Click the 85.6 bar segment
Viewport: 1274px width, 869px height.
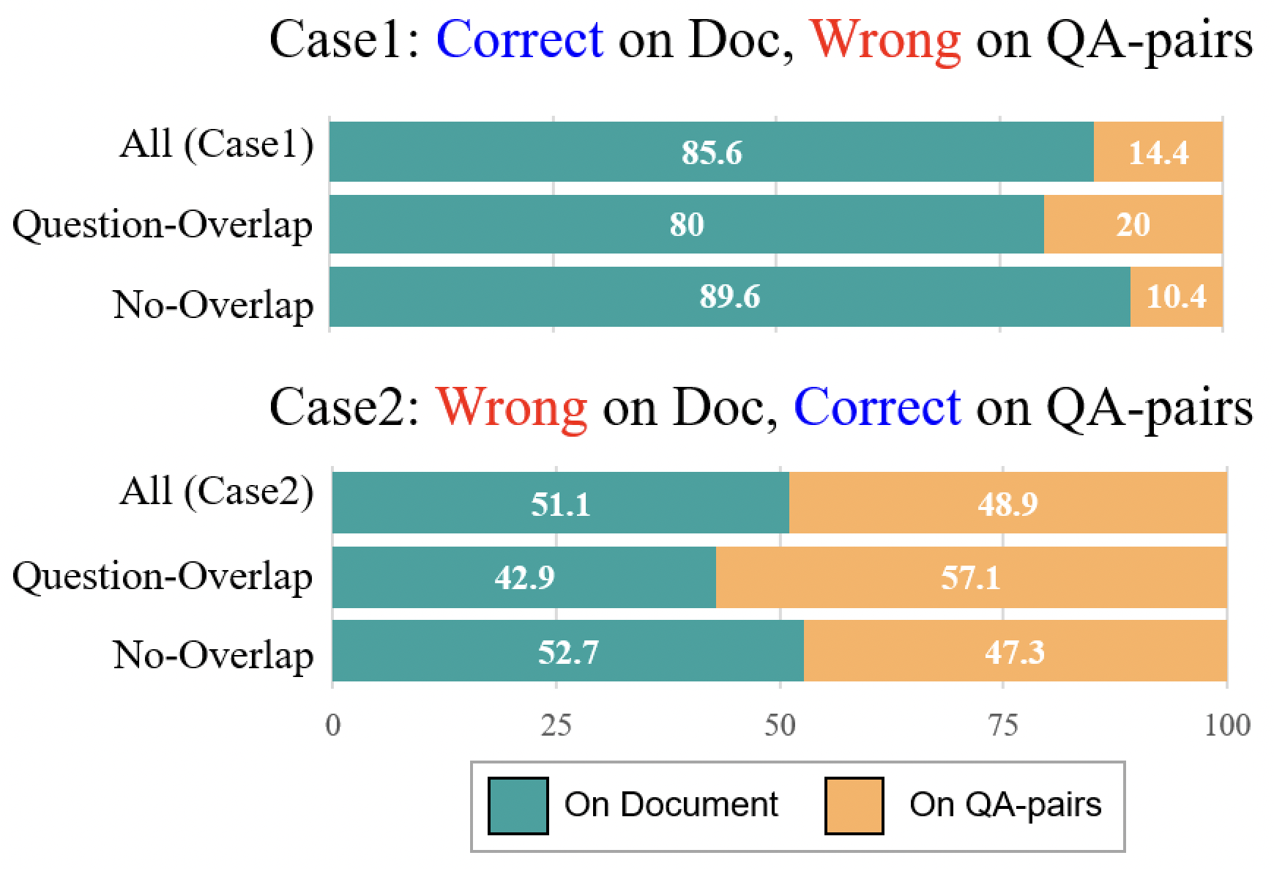point(711,152)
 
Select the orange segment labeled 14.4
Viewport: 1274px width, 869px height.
point(1158,152)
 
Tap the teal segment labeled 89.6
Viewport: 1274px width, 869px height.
point(729,297)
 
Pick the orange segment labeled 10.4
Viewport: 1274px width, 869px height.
point(1176,297)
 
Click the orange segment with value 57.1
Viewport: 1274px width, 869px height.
point(970,577)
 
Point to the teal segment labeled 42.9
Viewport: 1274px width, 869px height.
point(524,577)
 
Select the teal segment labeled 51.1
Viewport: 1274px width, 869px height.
point(560,503)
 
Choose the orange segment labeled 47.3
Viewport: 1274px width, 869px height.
point(1014,651)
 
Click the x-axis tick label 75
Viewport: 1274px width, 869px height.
point(1003,725)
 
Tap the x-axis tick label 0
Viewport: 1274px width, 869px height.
point(333,725)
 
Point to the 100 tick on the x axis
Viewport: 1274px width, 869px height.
point(1226,725)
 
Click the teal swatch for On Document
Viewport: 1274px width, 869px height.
point(518,806)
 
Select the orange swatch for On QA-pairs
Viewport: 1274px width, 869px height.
point(854,806)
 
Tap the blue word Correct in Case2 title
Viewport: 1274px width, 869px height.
point(876,407)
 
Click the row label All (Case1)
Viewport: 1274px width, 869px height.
point(217,144)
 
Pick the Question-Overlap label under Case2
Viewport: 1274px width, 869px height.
point(163,576)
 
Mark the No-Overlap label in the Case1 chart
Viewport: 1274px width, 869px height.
point(213,304)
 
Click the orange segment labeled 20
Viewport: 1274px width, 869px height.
point(1133,224)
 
